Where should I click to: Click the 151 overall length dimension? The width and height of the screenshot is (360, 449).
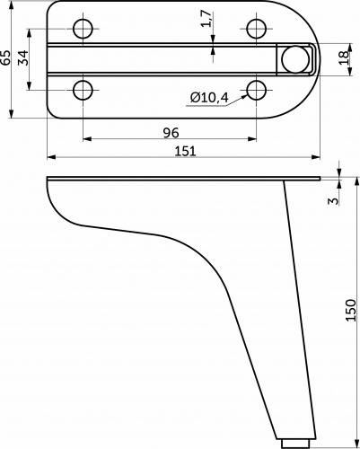185,151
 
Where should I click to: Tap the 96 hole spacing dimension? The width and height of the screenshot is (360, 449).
171,133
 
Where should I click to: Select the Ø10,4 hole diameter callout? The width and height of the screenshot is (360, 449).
209,97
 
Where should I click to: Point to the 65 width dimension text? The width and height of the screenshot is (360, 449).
5,57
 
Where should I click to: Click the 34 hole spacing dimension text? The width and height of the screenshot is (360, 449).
23,57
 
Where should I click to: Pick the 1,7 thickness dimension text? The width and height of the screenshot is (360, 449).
206,19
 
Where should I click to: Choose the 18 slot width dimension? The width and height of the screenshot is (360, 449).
344,57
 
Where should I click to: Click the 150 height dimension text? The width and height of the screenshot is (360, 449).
350,311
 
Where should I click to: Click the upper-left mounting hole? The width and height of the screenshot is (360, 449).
83,29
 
